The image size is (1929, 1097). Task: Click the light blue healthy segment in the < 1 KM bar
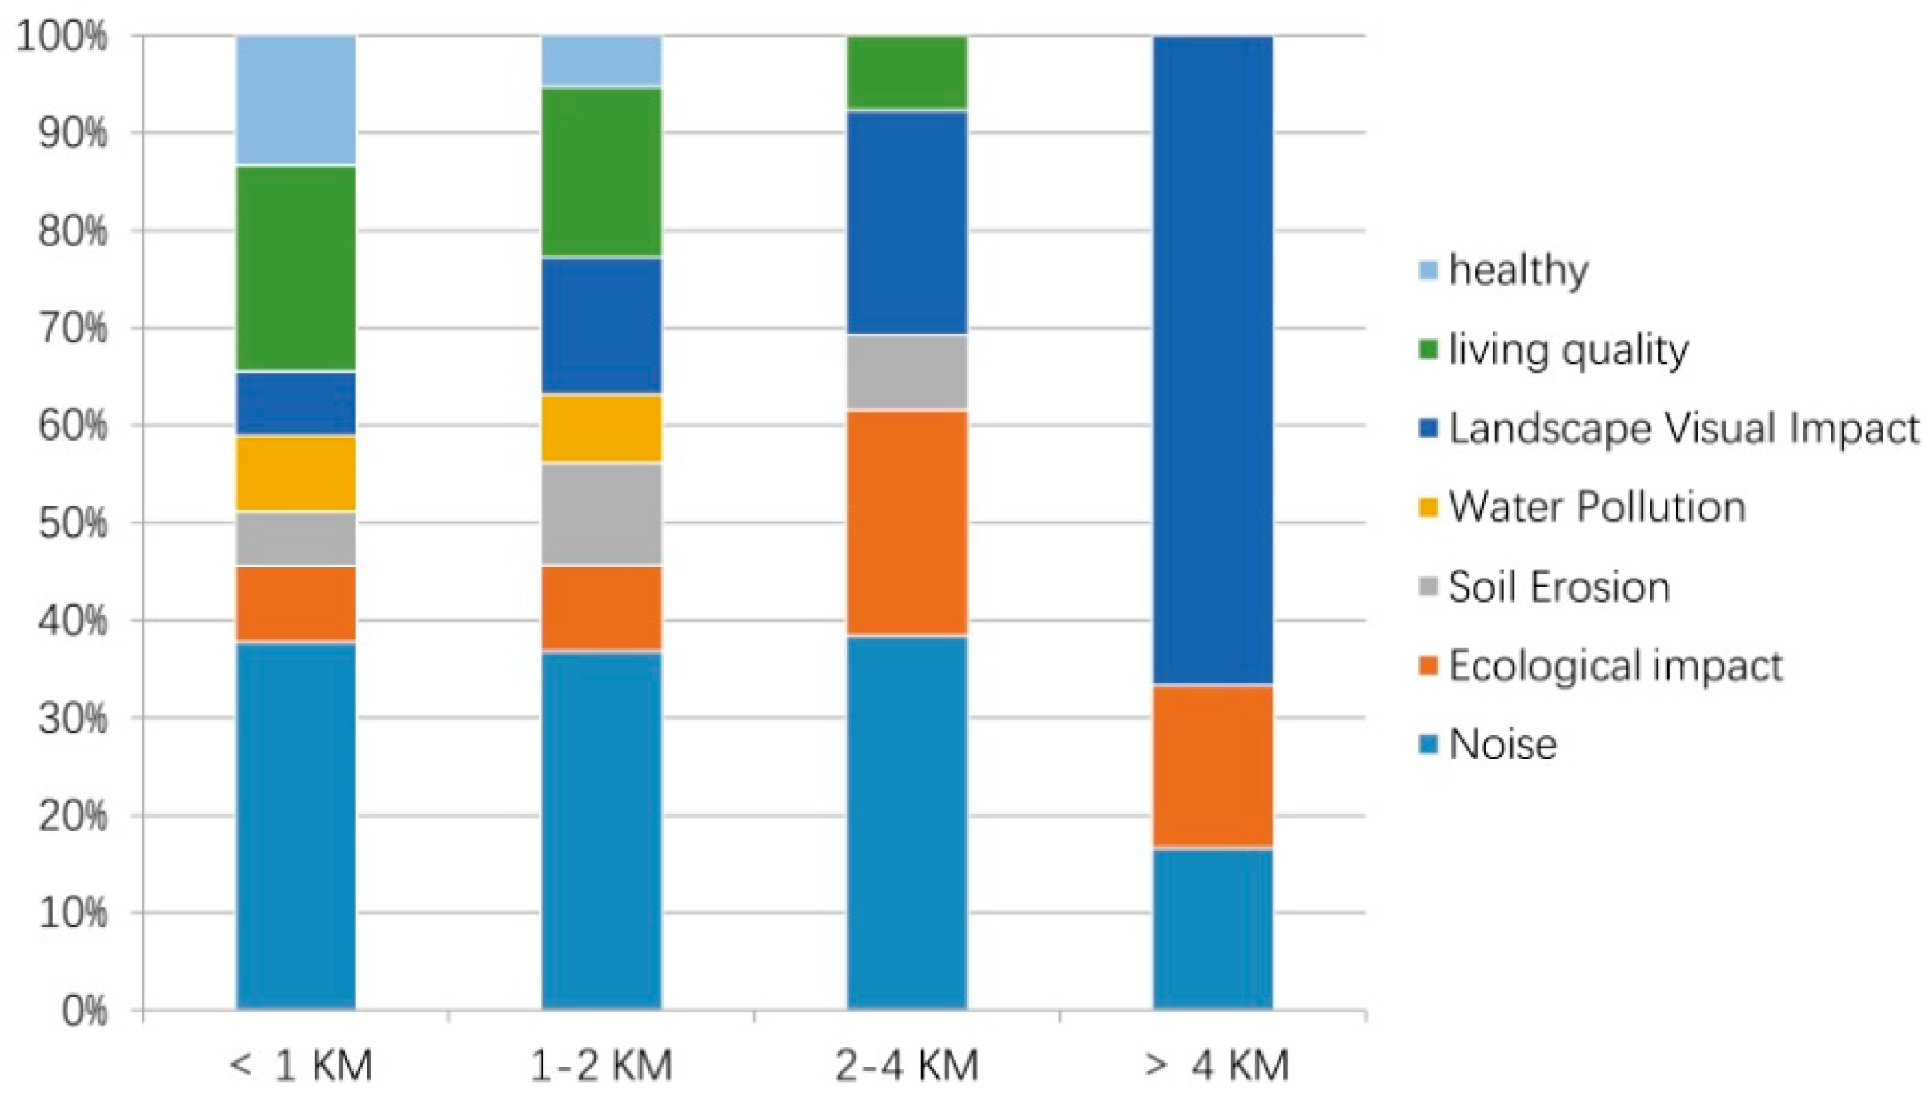point(296,100)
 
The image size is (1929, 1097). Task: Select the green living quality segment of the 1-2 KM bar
point(602,172)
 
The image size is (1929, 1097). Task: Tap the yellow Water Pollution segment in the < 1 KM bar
point(296,474)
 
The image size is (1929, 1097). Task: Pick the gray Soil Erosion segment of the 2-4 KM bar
point(907,372)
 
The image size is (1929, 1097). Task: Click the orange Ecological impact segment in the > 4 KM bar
point(1213,766)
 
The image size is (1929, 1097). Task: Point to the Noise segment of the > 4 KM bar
point(1213,928)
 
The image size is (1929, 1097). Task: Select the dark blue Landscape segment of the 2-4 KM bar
point(907,222)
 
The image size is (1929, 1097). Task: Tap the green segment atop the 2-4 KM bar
point(907,72)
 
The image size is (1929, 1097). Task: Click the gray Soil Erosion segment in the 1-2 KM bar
point(602,514)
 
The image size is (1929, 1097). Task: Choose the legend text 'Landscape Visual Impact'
point(1684,429)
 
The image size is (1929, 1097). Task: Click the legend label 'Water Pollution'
point(1597,507)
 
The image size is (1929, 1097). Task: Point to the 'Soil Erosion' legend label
point(1559,587)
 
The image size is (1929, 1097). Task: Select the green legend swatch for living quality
point(1428,350)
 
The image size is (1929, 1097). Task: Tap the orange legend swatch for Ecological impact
point(1428,666)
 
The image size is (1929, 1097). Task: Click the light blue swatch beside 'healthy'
point(1428,270)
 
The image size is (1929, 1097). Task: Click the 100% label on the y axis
point(62,37)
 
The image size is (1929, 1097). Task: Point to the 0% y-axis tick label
point(84,1011)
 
